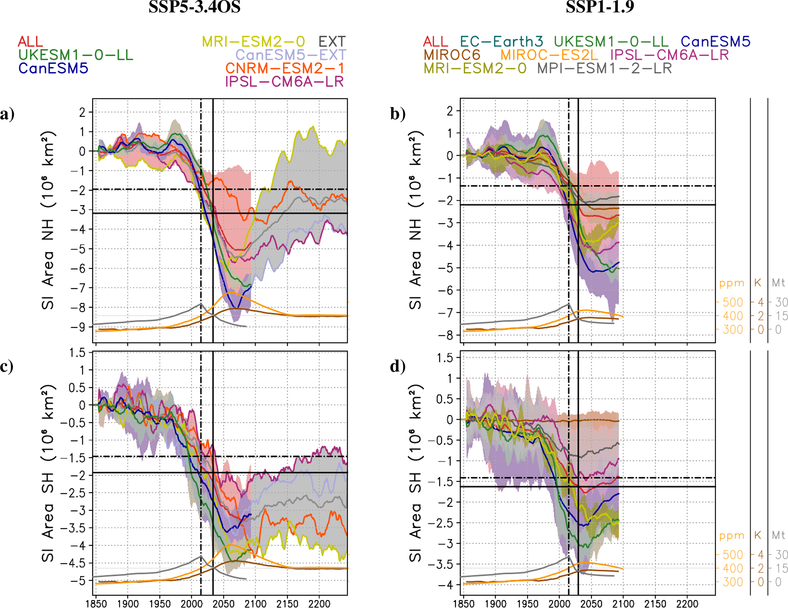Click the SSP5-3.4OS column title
click(194, 7)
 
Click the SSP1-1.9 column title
click(600, 7)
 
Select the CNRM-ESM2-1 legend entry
click(284, 68)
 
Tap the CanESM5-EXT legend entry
click(290, 55)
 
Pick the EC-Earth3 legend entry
click(501, 42)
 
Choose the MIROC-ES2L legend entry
click(549, 55)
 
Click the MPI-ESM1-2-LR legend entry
click(604, 69)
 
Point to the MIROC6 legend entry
click(452, 55)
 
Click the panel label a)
click(7, 114)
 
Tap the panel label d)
click(398, 366)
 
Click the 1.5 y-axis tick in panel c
click(77, 353)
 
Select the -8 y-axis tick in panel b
click(447, 335)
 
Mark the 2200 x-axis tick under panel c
click(319, 603)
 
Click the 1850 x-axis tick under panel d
click(464, 603)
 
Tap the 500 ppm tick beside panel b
click(733, 302)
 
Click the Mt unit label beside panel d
click(778, 535)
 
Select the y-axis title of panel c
click(48, 473)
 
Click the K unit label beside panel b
click(758, 282)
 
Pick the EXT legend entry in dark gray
click(332, 42)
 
